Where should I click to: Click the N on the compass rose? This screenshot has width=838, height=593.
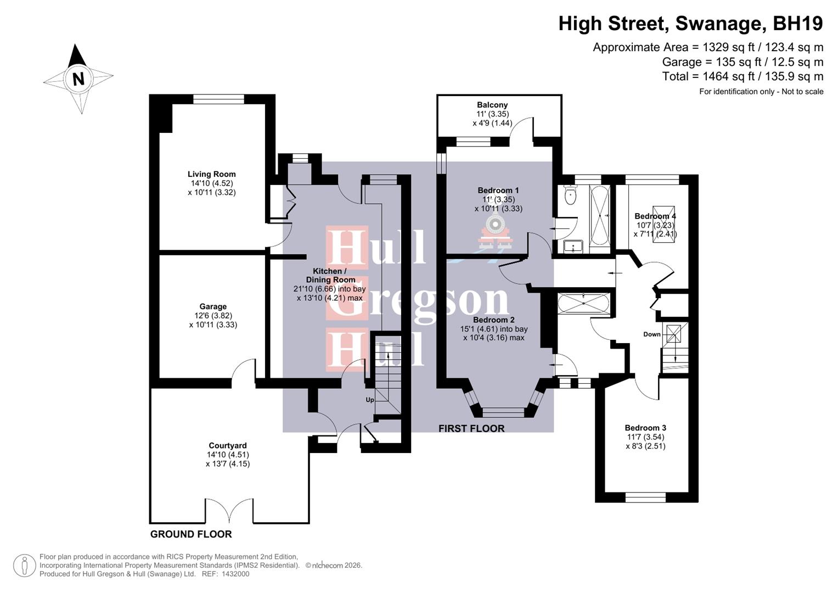pyautogui.click(x=78, y=79)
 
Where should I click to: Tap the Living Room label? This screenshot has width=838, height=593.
pyautogui.click(x=211, y=174)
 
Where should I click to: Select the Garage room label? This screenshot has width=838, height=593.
pyautogui.click(x=213, y=306)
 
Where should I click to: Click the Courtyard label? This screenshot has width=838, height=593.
pyautogui.click(x=227, y=445)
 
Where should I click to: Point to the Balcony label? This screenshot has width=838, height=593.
pyautogui.click(x=492, y=105)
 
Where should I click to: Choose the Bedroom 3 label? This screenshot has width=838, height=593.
pyautogui.click(x=645, y=428)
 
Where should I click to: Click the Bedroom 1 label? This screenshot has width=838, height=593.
pyautogui.click(x=498, y=191)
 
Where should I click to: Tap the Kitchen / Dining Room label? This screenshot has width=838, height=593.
pyautogui.click(x=330, y=275)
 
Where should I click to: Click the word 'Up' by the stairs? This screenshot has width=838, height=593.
pyautogui.click(x=370, y=400)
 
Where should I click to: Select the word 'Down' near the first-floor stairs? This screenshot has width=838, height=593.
pyautogui.click(x=652, y=334)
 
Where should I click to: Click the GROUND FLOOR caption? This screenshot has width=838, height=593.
pyautogui.click(x=191, y=534)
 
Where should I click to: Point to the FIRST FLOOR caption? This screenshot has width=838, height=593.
pyautogui.click(x=471, y=428)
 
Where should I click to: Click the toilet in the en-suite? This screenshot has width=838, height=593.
pyautogui.click(x=570, y=195)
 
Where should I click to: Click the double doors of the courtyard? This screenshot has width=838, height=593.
pyautogui.click(x=229, y=511)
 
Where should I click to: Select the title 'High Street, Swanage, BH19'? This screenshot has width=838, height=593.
pyautogui.click(x=690, y=24)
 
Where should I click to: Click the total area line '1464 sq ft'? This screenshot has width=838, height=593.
pyautogui.click(x=743, y=76)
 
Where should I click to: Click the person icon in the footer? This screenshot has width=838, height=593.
pyautogui.click(x=24, y=566)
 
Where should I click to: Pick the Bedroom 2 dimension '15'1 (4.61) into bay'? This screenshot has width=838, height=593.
pyautogui.click(x=494, y=329)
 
